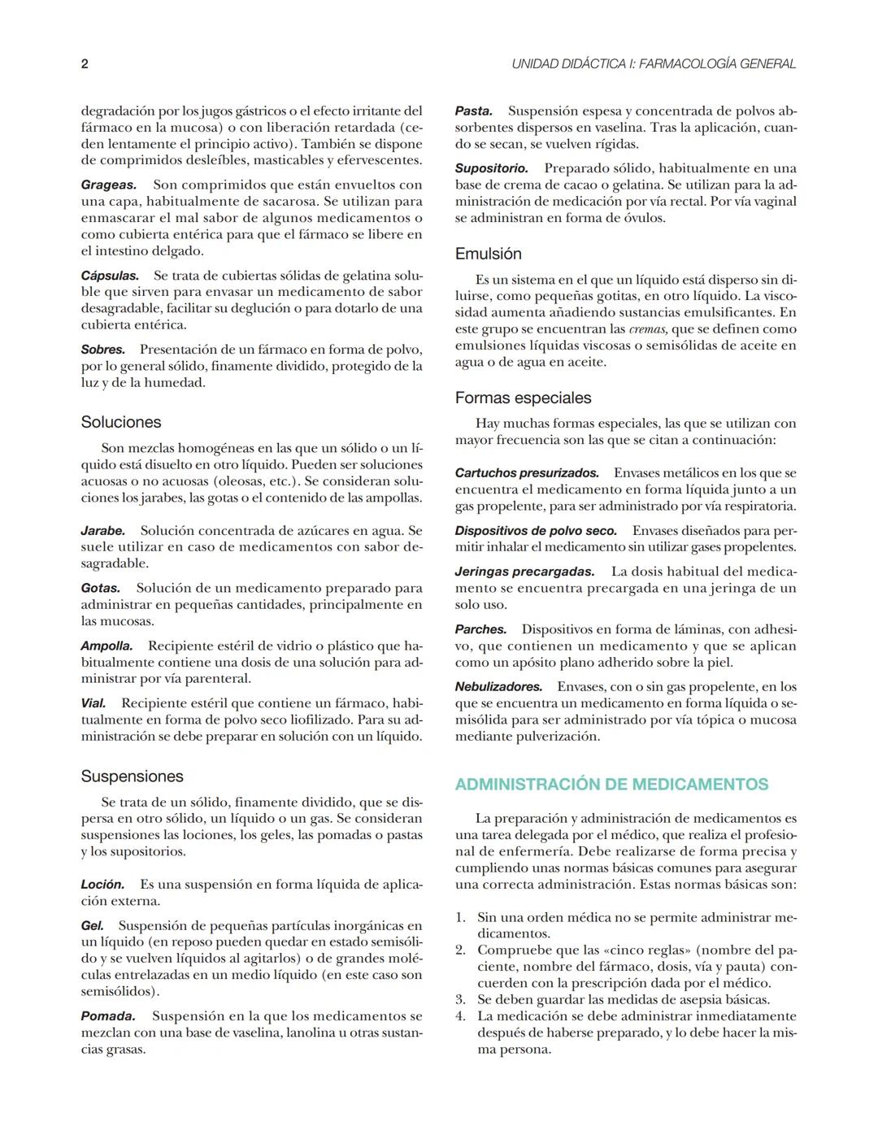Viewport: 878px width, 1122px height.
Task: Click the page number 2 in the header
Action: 85,64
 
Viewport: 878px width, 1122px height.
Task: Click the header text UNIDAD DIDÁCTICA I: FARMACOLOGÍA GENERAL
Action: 654,64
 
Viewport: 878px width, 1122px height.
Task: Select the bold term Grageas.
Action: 108,185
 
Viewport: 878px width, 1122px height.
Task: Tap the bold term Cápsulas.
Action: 110,276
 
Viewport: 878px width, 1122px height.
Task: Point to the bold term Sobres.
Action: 102,350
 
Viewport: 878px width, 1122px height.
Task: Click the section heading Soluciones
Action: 121,422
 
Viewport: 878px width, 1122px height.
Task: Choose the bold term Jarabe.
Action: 102,530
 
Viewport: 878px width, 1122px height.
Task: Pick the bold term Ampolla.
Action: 106,646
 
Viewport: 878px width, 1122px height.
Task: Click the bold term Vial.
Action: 93,703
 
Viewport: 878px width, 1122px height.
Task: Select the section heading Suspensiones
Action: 132,776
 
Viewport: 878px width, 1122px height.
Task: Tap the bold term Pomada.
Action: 107,1016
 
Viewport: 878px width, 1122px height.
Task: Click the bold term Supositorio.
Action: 491,168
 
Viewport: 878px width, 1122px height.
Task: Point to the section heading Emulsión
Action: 488,254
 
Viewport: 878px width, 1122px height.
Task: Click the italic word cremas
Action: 649,329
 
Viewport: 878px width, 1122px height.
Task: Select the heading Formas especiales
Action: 523,398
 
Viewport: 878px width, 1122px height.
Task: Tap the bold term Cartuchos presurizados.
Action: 527,473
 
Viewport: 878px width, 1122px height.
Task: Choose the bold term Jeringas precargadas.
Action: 524,572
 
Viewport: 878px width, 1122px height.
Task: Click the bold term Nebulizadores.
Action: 498,687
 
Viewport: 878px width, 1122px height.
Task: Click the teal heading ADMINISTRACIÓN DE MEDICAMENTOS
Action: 611,785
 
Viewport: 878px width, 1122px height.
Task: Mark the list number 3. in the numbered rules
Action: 460,1000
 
